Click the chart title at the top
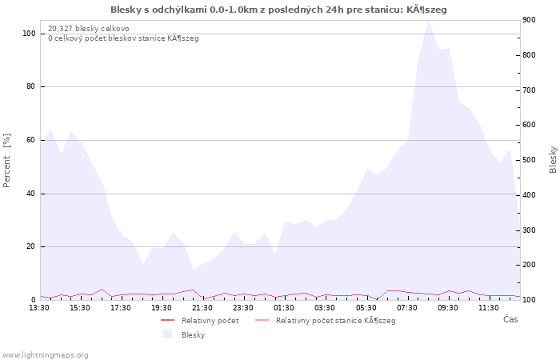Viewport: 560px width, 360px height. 278,10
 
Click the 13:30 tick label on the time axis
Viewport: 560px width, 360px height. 39,308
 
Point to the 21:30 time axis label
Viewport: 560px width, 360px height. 202,308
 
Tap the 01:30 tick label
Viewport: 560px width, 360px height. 284,308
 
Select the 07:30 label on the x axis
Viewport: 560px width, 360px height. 406,308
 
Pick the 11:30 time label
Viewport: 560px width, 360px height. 489,308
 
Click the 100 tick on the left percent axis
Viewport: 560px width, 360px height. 29,34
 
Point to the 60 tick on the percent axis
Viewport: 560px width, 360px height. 31,140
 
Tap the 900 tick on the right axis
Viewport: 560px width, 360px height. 529,20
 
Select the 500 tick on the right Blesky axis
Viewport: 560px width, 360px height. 529,160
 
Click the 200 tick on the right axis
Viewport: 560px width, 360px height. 529,265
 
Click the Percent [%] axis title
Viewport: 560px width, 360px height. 6,160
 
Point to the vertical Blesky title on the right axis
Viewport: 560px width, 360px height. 553,160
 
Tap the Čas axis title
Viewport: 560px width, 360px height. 510,319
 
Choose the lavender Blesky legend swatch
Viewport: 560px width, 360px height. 167,334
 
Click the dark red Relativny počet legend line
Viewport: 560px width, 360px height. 167,320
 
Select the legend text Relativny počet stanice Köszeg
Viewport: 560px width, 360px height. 336,321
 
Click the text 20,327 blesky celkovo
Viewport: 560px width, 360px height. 89,29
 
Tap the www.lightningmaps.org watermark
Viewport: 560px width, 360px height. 44,355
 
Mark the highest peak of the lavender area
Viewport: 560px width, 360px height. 428,21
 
